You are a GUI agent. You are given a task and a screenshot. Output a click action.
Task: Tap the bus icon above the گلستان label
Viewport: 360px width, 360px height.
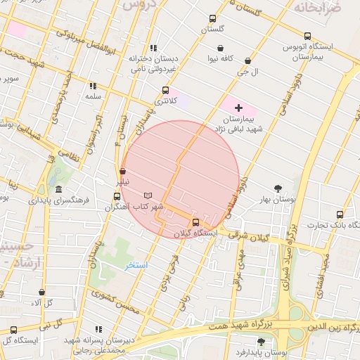pos(212,19)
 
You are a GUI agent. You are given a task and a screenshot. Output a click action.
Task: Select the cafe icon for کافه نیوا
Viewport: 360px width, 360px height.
pos(221,49)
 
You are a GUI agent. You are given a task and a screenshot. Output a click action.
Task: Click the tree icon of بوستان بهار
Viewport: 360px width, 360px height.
pos(279,188)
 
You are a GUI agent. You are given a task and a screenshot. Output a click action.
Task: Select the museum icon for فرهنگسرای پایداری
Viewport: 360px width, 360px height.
pos(58,190)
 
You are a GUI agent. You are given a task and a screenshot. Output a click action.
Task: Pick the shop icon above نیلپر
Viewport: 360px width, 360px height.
pos(123,170)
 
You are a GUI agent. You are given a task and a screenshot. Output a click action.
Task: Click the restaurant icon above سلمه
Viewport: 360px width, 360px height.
pos(92,86)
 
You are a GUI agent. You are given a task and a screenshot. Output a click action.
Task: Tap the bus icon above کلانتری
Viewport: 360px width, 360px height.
pos(165,90)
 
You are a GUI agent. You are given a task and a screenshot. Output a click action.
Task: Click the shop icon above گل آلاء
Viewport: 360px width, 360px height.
pos(41,292)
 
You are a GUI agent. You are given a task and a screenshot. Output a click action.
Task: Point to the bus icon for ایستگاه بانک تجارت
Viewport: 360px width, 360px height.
pos(340,214)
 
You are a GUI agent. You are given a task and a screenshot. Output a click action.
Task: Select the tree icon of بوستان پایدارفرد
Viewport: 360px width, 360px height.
pos(261,342)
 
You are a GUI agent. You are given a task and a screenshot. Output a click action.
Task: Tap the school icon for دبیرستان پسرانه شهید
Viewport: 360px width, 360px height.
pos(98,329)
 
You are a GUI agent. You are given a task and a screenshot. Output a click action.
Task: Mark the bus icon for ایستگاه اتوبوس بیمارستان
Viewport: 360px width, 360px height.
pos(307,36)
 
